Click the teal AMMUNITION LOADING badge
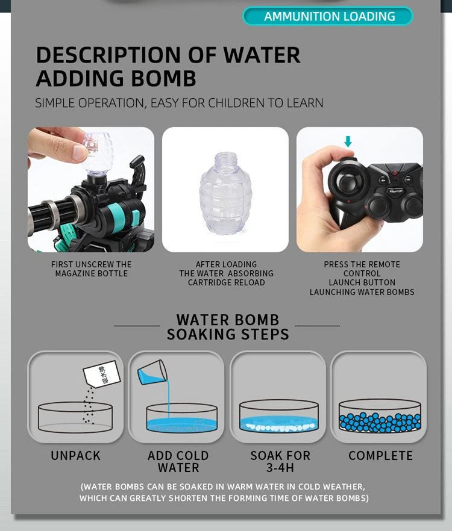point(328,16)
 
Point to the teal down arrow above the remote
point(348,141)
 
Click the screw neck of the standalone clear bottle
point(225,158)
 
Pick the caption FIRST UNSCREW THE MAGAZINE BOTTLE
point(91,269)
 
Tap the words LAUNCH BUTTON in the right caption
point(362,282)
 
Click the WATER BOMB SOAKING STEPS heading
point(228,327)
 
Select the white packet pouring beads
point(102,373)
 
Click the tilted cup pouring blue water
point(152,372)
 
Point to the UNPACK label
point(75,456)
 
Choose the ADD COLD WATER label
point(178,461)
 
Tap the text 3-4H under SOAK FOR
point(280,468)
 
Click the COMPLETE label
point(380,456)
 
